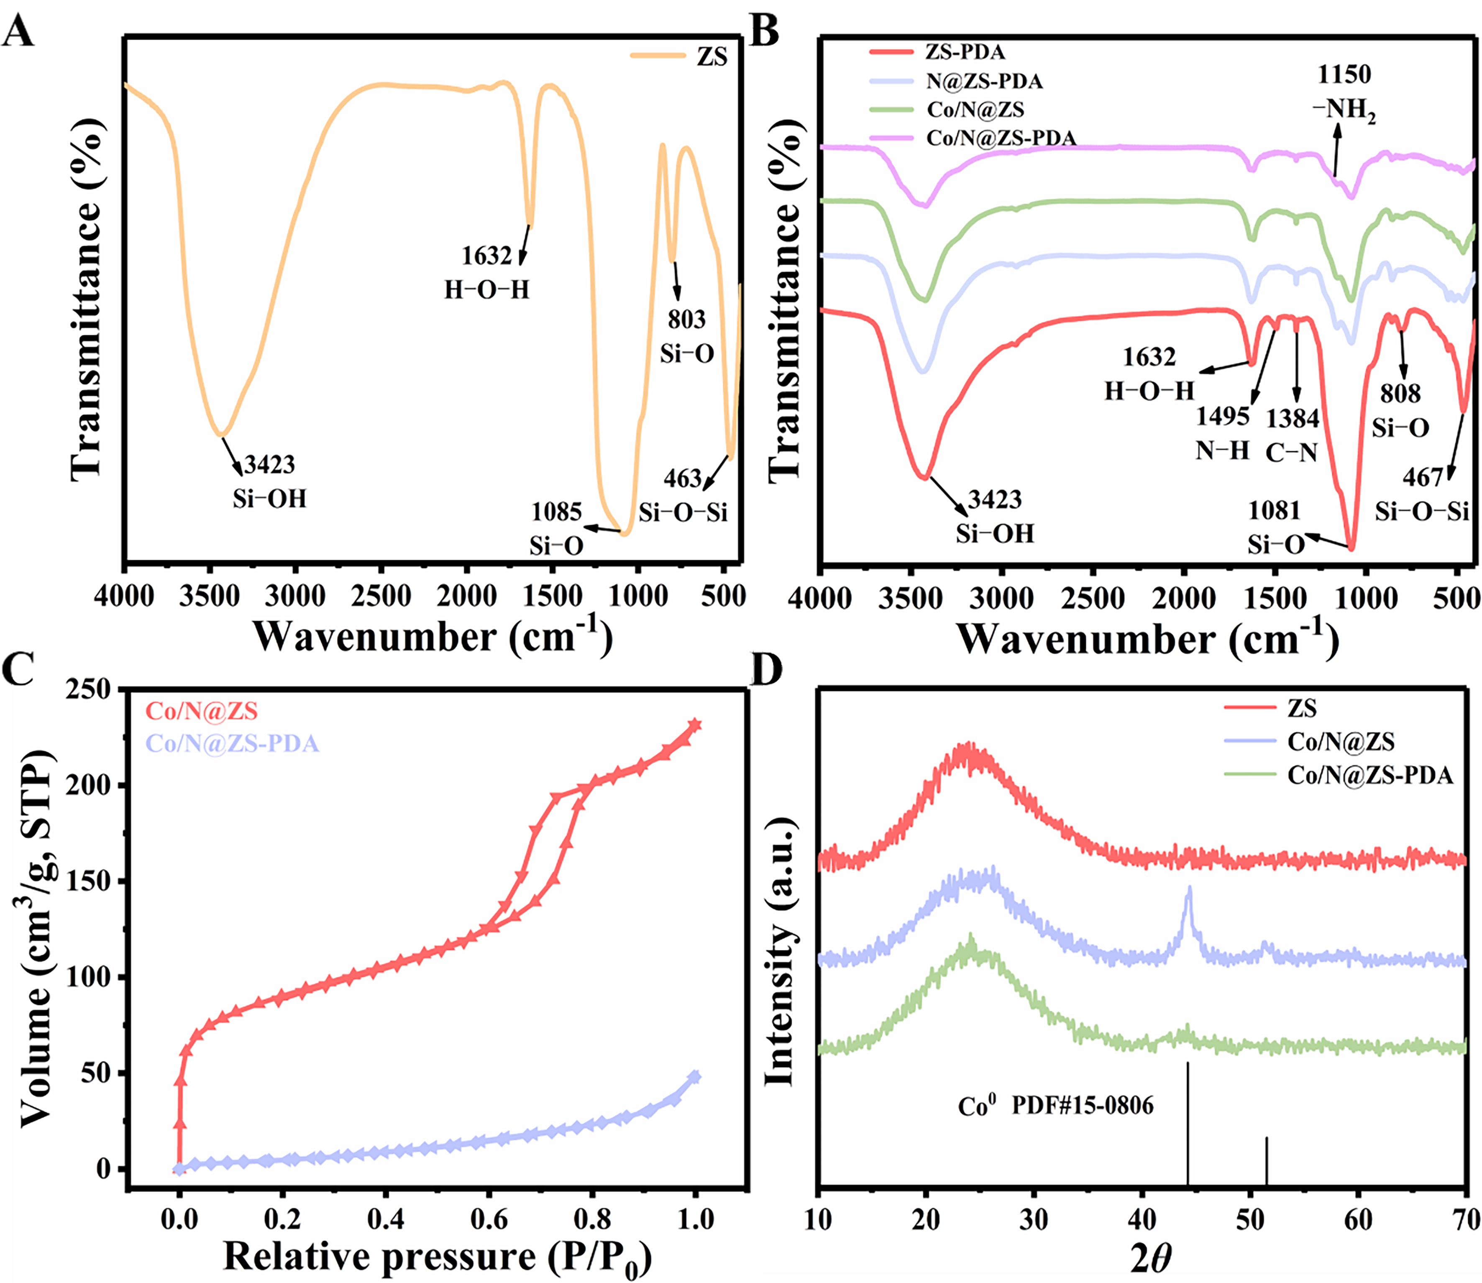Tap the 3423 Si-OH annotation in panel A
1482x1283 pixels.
[x=269, y=481]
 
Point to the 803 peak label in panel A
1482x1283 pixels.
[x=686, y=319]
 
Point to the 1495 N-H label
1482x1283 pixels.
[x=1223, y=433]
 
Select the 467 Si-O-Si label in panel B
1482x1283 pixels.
[x=1422, y=494]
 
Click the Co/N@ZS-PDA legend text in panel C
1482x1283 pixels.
[x=233, y=744]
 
